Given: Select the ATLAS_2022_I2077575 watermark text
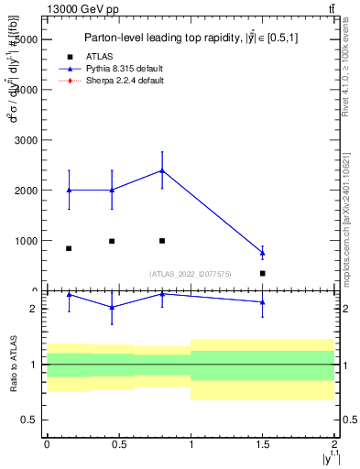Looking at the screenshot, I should pyautogui.click(x=191, y=274).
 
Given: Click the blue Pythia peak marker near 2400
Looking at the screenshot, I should pyautogui.click(x=162, y=170).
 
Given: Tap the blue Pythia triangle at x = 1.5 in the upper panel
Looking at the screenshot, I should pyautogui.click(x=263, y=253).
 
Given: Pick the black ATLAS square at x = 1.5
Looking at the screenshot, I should pyautogui.click(x=263, y=273).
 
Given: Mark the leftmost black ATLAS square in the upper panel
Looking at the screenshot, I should pyautogui.click(x=69, y=248).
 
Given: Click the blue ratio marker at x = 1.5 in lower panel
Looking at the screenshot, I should pyautogui.click(x=263, y=301).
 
